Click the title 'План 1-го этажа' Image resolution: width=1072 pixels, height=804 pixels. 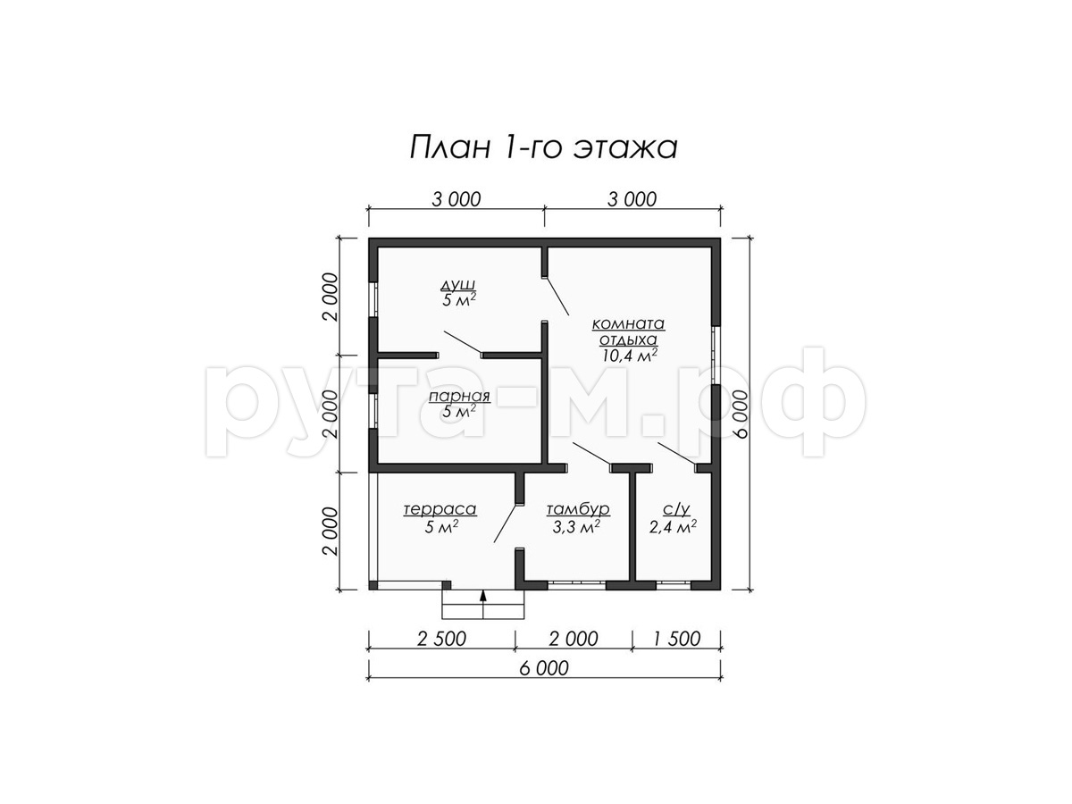(x=543, y=148)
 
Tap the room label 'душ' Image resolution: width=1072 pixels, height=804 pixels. (x=458, y=285)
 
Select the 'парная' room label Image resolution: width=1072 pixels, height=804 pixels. (x=459, y=397)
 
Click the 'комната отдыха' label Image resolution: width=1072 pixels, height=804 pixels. (x=628, y=331)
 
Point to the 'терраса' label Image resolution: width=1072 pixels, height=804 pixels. (x=440, y=509)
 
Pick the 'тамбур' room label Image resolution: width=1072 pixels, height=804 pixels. (x=578, y=509)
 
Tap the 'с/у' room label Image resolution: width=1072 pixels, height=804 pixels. (x=676, y=509)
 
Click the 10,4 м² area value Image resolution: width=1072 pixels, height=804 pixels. (x=629, y=356)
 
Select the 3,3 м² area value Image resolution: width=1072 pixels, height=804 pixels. (x=576, y=527)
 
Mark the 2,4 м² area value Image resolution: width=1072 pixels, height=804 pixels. (x=673, y=527)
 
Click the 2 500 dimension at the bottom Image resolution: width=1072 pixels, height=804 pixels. (x=441, y=639)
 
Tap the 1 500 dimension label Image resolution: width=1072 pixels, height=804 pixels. (x=676, y=639)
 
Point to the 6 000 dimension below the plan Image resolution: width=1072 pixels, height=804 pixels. (x=544, y=668)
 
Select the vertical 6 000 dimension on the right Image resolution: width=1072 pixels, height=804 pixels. (x=741, y=414)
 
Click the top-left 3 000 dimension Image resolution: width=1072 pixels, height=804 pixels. (x=456, y=199)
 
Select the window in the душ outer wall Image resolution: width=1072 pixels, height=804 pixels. (x=373, y=300)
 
